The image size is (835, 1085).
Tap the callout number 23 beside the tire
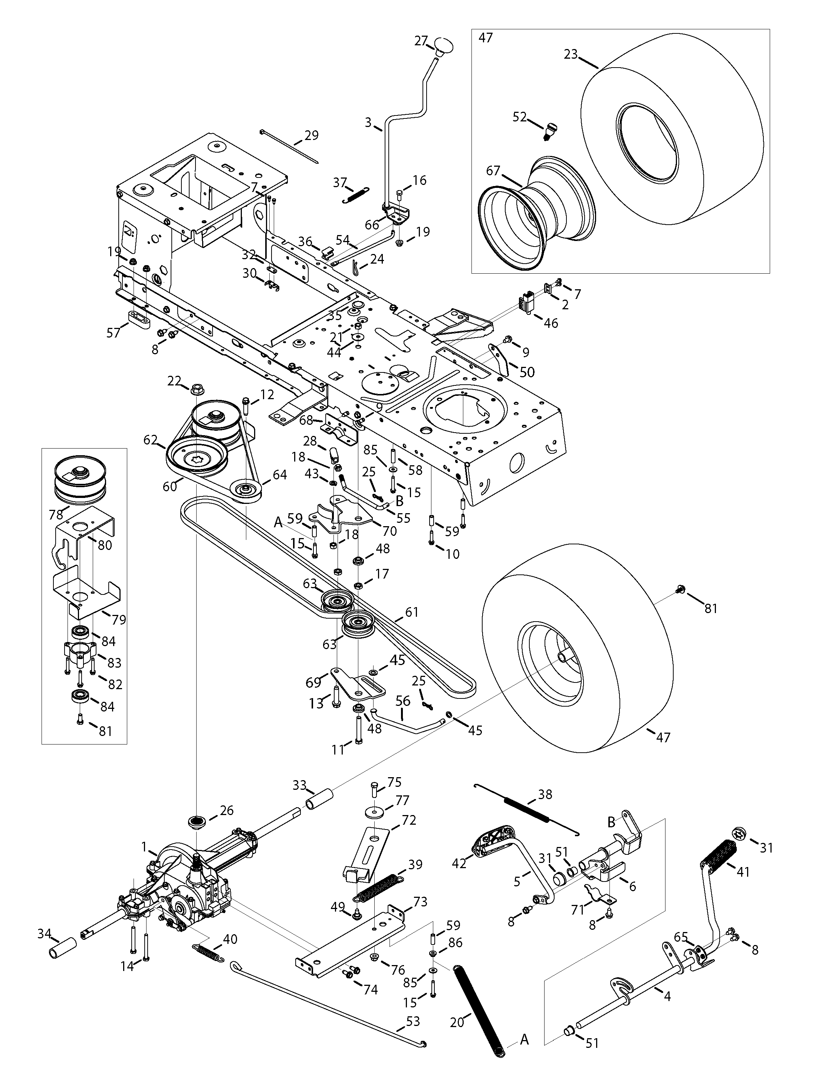[x=571, y=53]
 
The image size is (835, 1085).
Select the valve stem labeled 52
[x=549, y=131]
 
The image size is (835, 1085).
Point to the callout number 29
[x=311, y=135]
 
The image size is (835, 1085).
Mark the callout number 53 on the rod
[x=412, y=1022]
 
